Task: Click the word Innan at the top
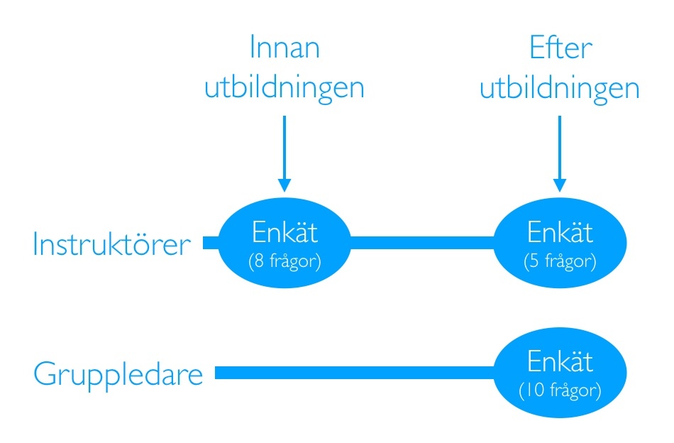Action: tap(284, 48)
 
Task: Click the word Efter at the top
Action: tap(560, 48)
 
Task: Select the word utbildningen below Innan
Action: tap(284, 88)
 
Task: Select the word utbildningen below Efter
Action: tap(560, 88)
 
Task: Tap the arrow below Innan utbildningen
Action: tap(284, 153)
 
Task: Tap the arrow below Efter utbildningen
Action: tap(560, 153)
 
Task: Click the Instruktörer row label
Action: tap(112, 245)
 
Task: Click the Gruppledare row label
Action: tap(118, 374)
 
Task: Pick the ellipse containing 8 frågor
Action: tap(284, 244)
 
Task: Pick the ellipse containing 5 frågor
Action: tap(560, 244)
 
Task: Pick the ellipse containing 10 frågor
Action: tap(560, 373)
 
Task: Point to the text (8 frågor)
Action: tap(284, 261)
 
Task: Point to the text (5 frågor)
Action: tap(560, 261)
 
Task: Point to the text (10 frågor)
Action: tap(560, 390)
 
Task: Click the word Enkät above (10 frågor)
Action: tap(560, 363)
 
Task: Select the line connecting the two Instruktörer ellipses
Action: tap(422, 244)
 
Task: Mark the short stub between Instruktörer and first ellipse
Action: tap(211, 244)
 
